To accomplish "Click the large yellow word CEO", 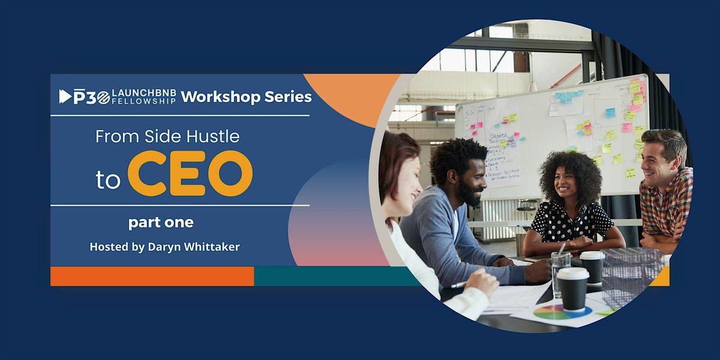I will point(190,173).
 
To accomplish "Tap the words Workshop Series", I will point(246,96).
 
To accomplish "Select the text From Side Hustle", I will point(167,137).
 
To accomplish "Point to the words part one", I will point(161,223).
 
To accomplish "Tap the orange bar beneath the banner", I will point(152,277).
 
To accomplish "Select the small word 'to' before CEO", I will point(108,179).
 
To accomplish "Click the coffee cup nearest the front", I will point(572,288).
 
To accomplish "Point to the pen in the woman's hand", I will point(459,284).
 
